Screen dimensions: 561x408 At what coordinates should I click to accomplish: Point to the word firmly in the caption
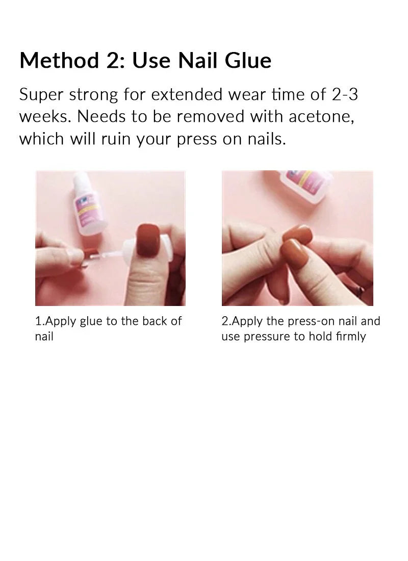[349, 337]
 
